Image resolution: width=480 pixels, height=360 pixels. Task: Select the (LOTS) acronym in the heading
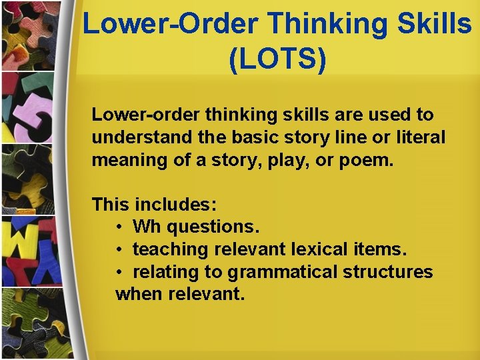coord(277,59)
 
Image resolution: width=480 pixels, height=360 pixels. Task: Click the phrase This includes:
coord(154,204)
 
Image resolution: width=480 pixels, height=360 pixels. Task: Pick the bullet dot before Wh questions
coord(119,227)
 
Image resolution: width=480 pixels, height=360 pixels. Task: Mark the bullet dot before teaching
coord(119,250)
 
